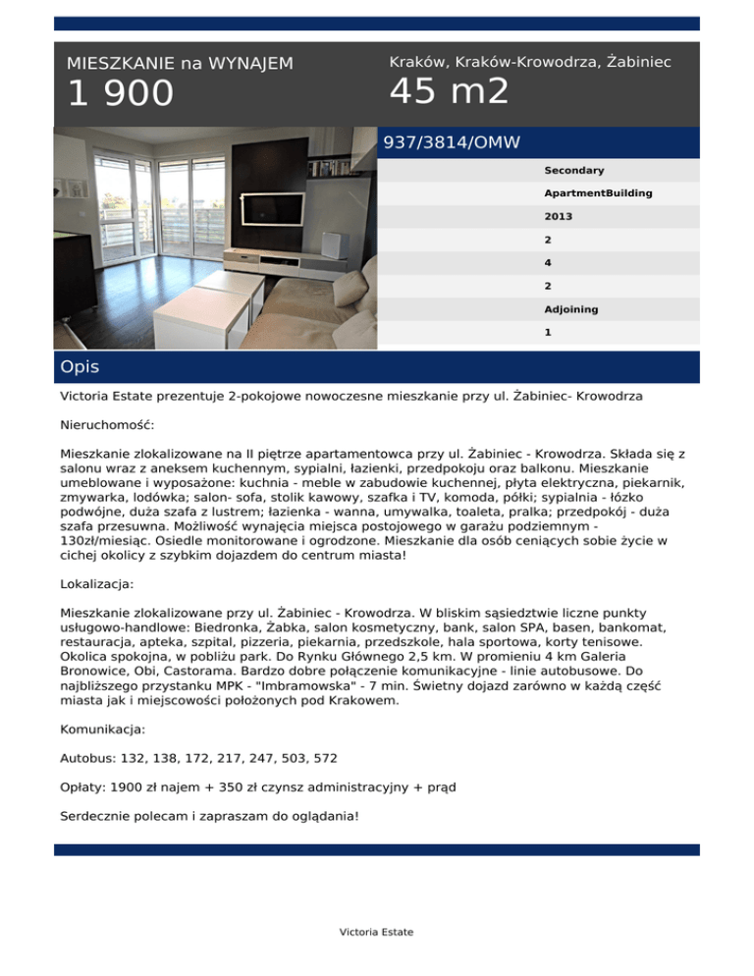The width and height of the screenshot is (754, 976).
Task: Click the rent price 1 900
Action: (x=120, y=94)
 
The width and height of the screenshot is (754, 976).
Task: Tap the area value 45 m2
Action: (x=449, y=91)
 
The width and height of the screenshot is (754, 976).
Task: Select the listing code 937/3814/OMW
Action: (x=452, y=142)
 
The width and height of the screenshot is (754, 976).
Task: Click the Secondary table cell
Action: (x=574, y=171)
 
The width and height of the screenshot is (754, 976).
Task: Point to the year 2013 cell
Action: (x=559, y=216)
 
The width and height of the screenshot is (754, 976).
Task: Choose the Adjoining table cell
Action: (x=571, y=309)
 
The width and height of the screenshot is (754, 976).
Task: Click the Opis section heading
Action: (x=80, y=367)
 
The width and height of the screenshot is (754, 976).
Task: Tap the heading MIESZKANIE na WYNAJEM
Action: (x=180, y=64)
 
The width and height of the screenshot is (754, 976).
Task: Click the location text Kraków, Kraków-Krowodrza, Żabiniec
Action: (x=530, y=62)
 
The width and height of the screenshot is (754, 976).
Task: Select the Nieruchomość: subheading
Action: (x=107, y=427)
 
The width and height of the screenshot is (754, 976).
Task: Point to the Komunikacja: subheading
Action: (x=103, y=730)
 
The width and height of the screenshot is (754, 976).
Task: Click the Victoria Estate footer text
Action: (x=376, y=932)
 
